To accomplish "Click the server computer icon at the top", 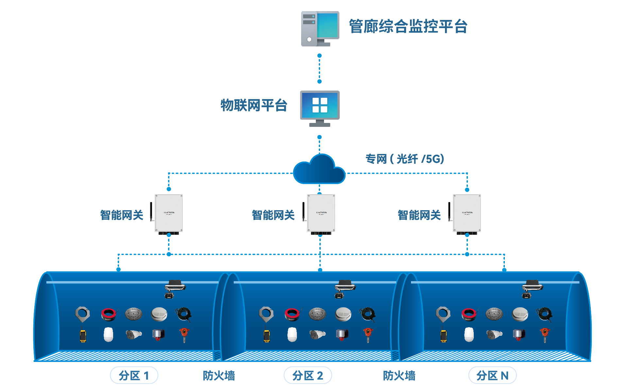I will click(x=319, y=29).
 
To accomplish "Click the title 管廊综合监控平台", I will click(x=408, y=26).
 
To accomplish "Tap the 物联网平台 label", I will click(x=254, y=105).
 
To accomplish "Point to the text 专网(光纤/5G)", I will click(x=404, y=159).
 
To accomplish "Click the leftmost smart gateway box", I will click(x=169, y=213).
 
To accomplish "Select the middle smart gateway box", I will click(x=321, y=213).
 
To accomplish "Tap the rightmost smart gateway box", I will click(x=467, y=213).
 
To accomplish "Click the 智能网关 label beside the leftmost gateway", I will click(x=122, y=215).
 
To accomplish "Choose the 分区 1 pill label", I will click(x=134, y=375).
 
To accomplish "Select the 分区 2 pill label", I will click(x=308, y=375).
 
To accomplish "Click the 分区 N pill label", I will click(x=492, y=375).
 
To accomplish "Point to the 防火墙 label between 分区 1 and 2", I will click(x=219, y=376).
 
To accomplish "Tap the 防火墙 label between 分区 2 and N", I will click(x=399, y=376).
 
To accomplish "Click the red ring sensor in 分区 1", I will click(x=109, y=314).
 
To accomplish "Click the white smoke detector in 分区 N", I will click(x=520, y=314).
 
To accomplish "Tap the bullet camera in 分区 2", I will click(x=317, y=334).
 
